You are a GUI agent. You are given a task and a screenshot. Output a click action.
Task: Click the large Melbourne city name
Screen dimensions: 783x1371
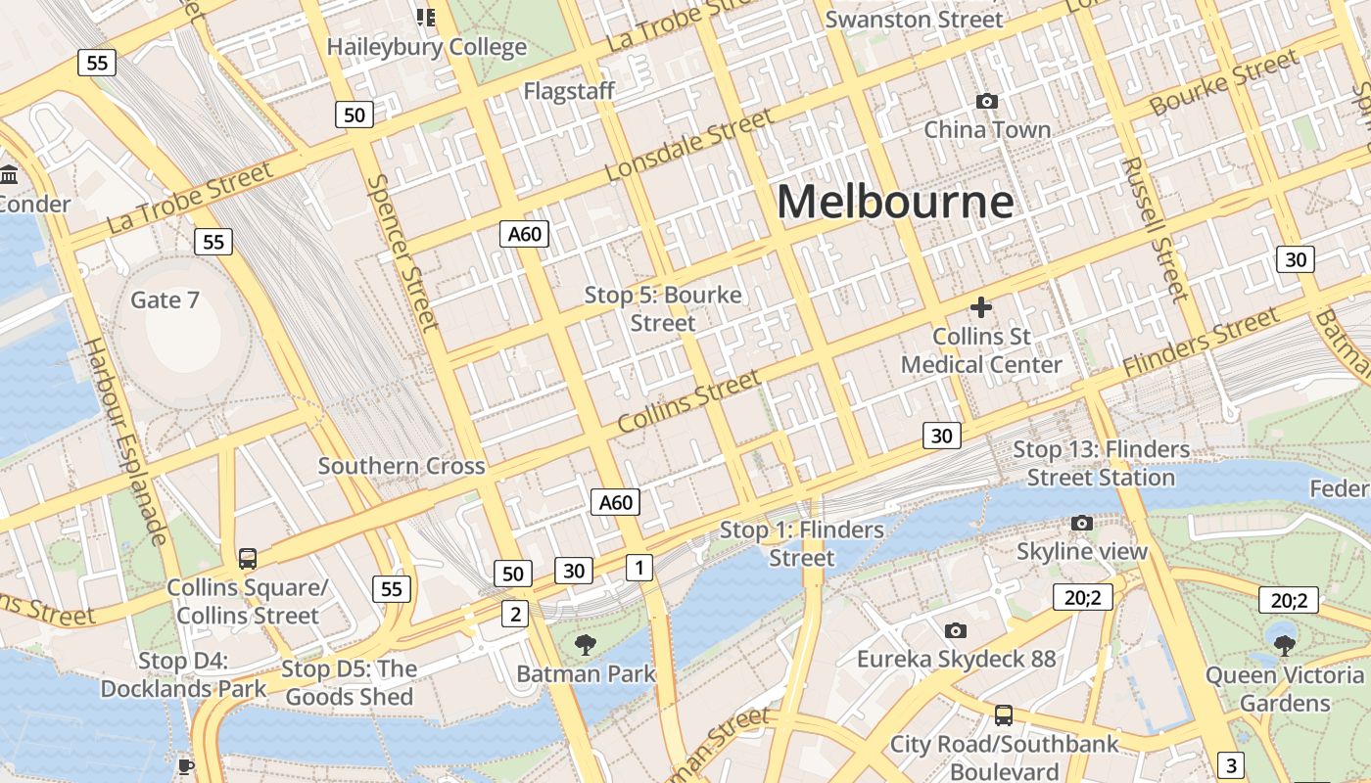(x=895, y=203)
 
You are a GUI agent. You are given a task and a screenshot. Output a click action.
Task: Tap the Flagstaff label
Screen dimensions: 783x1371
(x=569, y=91)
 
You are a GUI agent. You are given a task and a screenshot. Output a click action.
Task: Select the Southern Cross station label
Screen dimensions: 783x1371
(x=402, y=466)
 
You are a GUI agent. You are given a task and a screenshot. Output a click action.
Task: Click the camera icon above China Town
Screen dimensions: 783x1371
(x=987, y=101)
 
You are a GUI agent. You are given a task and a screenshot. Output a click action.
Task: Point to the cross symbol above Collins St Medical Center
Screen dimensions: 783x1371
(x=980, y=307)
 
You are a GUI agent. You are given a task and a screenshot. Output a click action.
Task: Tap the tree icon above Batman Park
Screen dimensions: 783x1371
(x=585, y=644)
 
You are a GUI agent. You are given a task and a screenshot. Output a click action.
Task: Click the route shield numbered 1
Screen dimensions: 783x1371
(x=638, y=566)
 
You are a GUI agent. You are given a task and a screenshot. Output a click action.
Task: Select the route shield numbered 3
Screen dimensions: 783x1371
(x=1231, y=764)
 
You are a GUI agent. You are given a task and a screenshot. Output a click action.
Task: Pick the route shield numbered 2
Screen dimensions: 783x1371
(x=515, y=614)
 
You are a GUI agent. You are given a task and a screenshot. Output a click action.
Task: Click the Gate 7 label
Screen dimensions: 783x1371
(x=165, y=299)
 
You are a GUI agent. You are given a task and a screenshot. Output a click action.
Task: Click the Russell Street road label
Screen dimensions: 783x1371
(x=1157, y=229)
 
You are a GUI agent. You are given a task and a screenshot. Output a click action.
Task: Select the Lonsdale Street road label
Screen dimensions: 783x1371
(x=688, y=146)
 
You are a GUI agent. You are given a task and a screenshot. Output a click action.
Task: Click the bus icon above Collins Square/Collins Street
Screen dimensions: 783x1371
(x=248, y=559)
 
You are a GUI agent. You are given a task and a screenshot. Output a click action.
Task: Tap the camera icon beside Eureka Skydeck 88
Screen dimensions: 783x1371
(x=956, y=630)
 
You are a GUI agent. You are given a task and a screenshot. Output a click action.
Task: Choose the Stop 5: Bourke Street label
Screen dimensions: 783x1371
(x=663, y=308)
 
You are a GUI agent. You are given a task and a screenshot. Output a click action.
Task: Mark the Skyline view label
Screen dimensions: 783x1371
(x=1081, y=551)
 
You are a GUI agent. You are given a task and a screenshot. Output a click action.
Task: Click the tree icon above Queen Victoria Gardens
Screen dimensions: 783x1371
(x=1284, y=644)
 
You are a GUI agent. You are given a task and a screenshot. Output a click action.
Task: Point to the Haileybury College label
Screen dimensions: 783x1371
(x=426, y=46)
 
